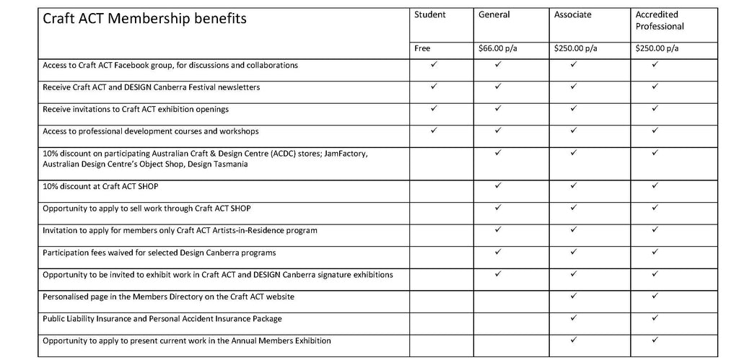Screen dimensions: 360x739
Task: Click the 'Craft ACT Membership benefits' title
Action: click(x=144, y=19)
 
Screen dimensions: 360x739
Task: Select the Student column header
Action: click(x=429, y=14)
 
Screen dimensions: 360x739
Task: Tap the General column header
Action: click(x=494, y=14)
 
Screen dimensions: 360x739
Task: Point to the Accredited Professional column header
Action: click(x=660, y=20)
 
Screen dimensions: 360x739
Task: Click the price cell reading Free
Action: click(x=422, y=49)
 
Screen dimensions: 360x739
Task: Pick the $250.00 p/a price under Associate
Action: click(x=575, y=49)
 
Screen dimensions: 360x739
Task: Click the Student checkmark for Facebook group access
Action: click(x=434, y=65)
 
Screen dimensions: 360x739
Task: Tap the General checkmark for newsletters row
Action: click(x=498, y=87)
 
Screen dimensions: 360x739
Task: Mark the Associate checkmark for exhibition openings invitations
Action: click(x=573, y=109)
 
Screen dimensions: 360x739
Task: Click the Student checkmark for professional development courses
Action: click(x=434, y=131)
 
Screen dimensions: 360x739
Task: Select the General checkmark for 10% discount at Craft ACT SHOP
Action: click(x=498, y=186)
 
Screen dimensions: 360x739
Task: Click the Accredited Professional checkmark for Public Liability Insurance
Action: click(x=655, y=317)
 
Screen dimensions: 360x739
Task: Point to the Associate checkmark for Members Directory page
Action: click(x=573, y=296)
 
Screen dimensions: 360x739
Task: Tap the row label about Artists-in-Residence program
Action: click(x=180, y=230)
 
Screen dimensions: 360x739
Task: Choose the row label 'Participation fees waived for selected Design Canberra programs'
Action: click(x=159, y=253)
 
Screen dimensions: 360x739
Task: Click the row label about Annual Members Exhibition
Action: click(x=186, y=340)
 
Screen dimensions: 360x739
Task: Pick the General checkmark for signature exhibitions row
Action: click(x=498, y=274)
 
